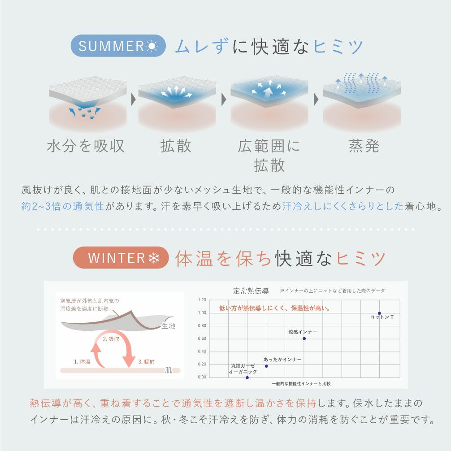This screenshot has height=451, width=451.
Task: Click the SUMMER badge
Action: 118,46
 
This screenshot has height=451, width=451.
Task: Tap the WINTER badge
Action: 121,257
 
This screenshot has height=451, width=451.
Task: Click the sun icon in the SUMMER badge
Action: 152,46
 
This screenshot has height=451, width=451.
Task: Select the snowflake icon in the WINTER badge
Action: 154,258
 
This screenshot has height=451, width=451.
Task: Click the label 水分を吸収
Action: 86,146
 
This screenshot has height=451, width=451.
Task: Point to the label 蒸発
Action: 364,146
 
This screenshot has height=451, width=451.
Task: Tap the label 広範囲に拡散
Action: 269,155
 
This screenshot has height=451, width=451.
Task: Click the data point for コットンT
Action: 379,313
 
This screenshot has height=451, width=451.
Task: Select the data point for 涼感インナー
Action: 304,338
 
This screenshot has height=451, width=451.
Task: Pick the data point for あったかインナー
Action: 266,366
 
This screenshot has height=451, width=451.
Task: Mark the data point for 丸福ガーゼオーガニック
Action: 247,377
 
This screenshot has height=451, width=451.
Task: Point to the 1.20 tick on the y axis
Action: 202,300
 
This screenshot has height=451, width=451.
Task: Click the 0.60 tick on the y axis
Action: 202,338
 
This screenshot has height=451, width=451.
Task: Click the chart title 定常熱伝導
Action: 251,291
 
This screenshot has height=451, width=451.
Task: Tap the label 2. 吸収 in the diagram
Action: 111,339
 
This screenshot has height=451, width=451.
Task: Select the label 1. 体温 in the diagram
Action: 82,362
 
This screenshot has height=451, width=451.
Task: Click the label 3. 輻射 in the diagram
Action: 147,362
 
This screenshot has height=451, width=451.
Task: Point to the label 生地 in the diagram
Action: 169,326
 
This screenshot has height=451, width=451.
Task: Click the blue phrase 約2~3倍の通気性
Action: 63,206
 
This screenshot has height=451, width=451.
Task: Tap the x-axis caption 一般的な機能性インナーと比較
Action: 301,384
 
